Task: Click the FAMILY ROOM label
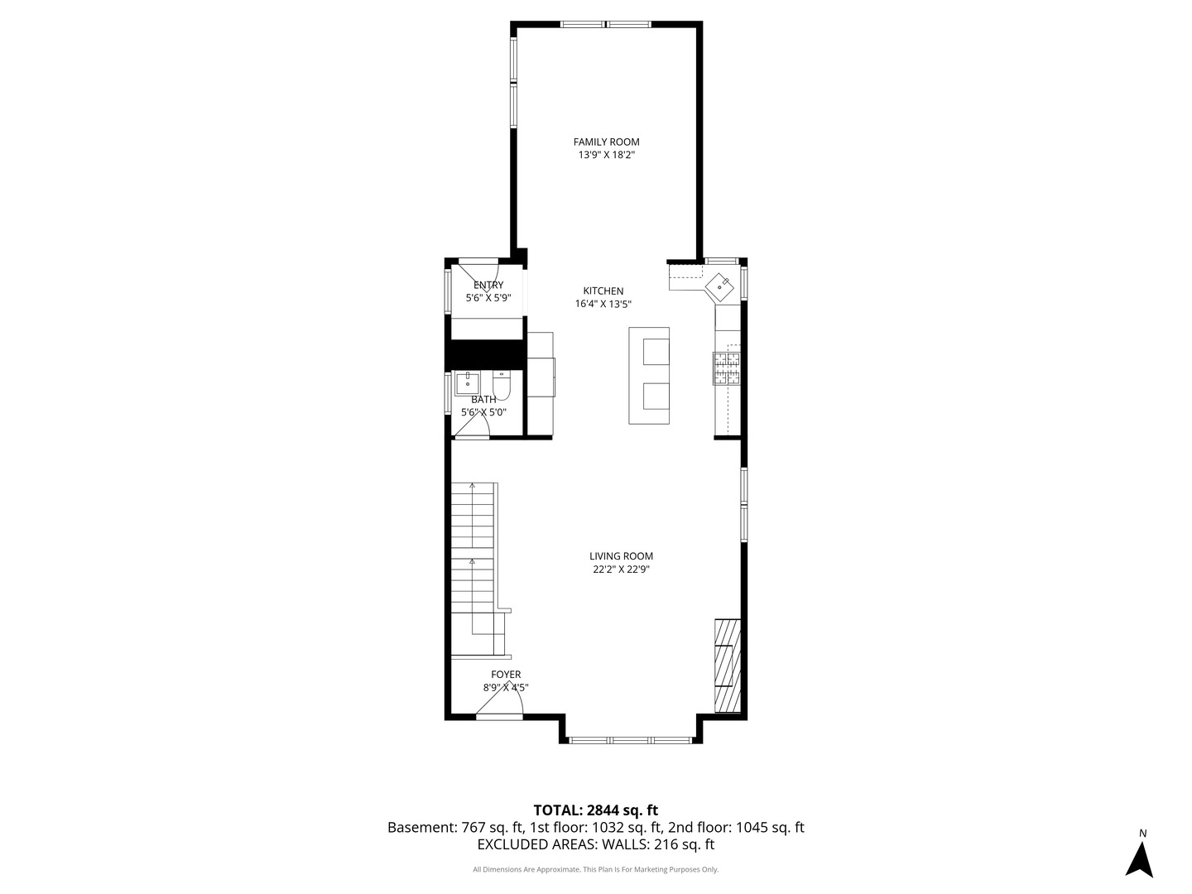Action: pos(606,142)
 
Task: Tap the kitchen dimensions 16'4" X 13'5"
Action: pos(603,304)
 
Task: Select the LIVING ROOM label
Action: pos(621,555)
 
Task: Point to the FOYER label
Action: pos(506,674)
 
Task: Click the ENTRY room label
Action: pos(488,285)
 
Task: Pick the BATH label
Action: pos(483,400)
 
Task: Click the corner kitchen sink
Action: pos(719,287)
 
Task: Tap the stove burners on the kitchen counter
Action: pos(727,368)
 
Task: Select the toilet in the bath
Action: pos(502,385)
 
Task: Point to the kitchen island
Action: pos(649,375)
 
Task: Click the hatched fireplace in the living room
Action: pos(727,665)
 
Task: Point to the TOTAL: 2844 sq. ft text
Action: pos(596,810)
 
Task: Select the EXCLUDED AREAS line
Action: pos(596,844)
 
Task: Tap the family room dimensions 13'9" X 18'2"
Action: pos(607,156)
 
